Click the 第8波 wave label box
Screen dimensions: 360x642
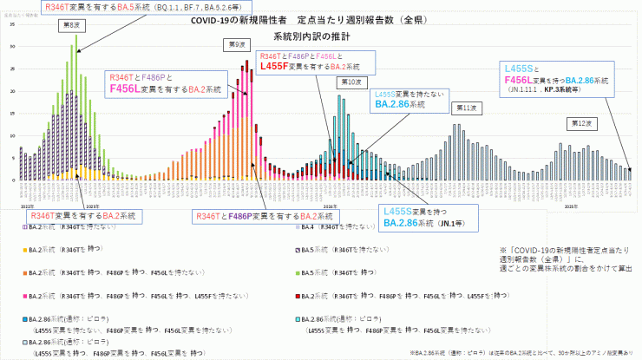70,26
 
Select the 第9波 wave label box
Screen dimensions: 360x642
233,43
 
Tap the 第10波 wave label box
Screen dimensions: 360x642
349,82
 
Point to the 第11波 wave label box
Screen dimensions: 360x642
466,108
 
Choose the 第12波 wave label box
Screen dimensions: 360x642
580,124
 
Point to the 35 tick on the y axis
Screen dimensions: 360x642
13,24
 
